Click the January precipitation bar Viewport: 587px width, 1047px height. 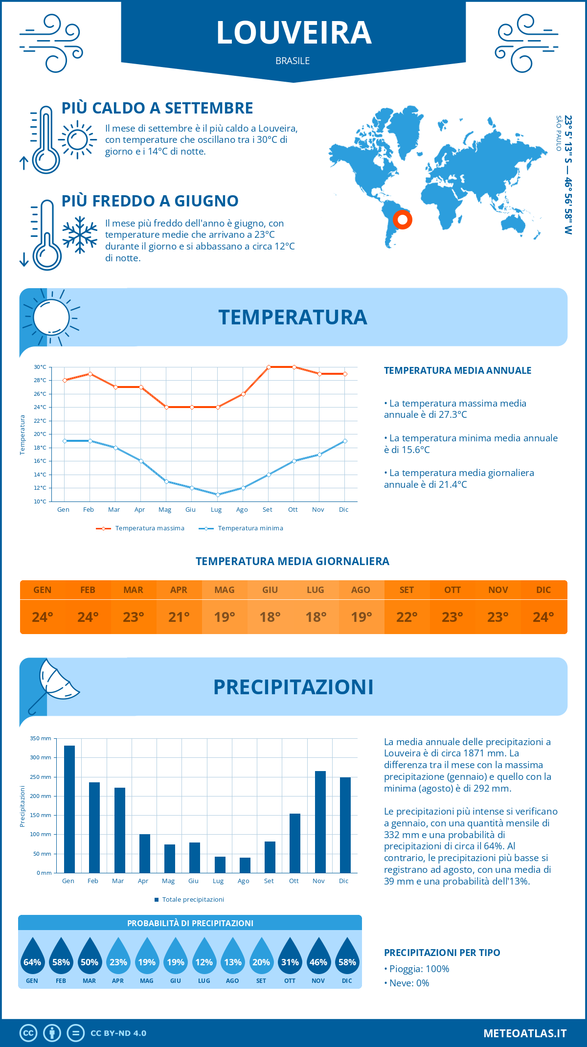coord(69,809)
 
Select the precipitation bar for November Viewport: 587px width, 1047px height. coord(320,822)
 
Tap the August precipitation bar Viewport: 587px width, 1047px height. coord(245,865)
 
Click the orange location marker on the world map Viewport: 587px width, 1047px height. coord(403,220)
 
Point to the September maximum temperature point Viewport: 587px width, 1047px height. coord(269,367)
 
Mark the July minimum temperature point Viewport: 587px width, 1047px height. coord(218,495)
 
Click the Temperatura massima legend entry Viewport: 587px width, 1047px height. coord(140,528)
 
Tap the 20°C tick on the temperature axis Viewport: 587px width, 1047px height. coord(40,434)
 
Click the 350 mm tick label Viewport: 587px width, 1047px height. coord(41,738)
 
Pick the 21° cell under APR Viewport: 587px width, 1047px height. coord(179,617)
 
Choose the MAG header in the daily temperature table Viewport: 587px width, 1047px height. coord(225,590)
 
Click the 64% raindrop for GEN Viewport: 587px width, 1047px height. coord(32,959)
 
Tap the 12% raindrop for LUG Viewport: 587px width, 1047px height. coord(204,959)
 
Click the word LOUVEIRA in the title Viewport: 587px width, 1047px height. coord(293,33)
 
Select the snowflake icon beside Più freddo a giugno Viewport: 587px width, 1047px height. coord(80,235)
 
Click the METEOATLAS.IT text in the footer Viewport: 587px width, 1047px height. coord(525,1033)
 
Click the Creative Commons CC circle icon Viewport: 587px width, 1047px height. coord(28,1033)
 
